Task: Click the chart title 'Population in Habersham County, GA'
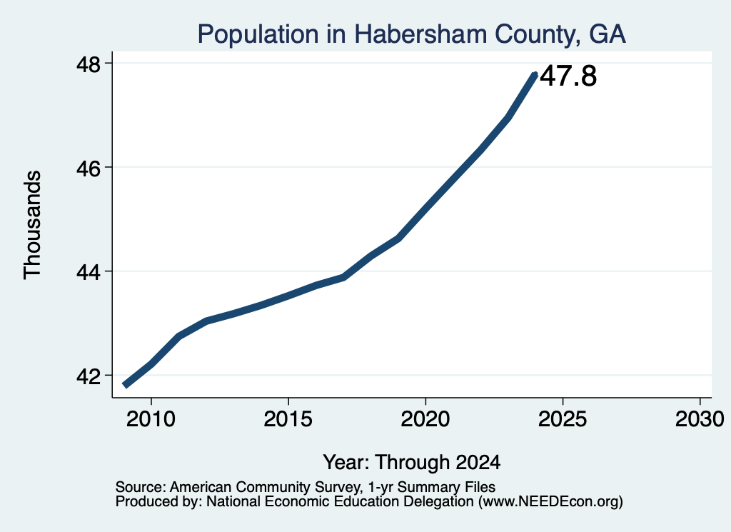(x=411, y=34)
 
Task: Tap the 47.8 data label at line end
(x=568, y=76)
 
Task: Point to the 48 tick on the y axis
(x=88, y=64)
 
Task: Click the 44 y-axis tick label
(x=88, y=271)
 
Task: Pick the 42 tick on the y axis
(x=88, y=376)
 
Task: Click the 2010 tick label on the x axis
(x=151, y=418)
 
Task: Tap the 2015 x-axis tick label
(x=288, y=418)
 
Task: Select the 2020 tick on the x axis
(x=425, y=418)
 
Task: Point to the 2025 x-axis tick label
(x=563, y=418)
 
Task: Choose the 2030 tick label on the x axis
(x=700, y=418)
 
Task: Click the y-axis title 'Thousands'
(x=33, y=225)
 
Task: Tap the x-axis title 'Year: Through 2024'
(x=412, y=462)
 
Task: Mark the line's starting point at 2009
(x=124, y=385)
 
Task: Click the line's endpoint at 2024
(x=535, y=74)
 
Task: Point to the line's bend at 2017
(x=343, y=277)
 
